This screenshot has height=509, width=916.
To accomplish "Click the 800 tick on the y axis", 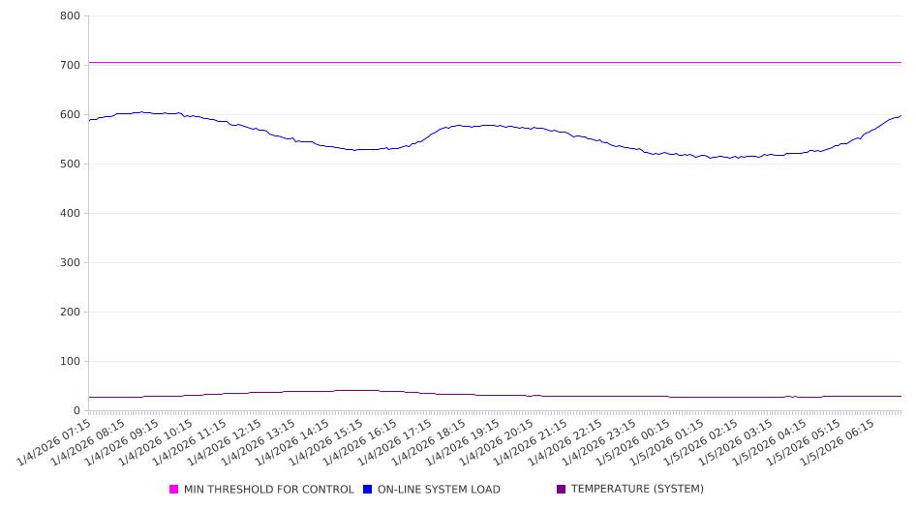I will (x=70, y=15).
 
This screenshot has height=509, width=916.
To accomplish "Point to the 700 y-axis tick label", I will (x=70, y=65).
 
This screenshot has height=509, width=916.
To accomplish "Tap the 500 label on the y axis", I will (x=70, y=164).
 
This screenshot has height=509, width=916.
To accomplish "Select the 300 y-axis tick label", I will (x=70, y=262).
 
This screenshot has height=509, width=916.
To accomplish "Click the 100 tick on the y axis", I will (x=70, y=361).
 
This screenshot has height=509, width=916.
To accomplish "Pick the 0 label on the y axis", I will (x=76, y=410).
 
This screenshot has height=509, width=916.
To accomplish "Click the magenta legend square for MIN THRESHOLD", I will (x=174, y=490).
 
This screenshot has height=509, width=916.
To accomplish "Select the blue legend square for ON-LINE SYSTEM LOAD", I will (x=368, y=490).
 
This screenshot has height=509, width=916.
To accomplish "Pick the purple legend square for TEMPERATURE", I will (x=562, y=490).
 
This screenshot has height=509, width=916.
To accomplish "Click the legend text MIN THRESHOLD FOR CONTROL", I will (x=268, y=490).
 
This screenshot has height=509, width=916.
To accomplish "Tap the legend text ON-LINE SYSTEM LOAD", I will (x=439, y=490).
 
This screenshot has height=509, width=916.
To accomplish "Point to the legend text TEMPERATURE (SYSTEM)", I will (x=637, y=490).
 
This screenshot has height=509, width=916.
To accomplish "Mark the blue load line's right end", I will (x=901, y=115).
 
